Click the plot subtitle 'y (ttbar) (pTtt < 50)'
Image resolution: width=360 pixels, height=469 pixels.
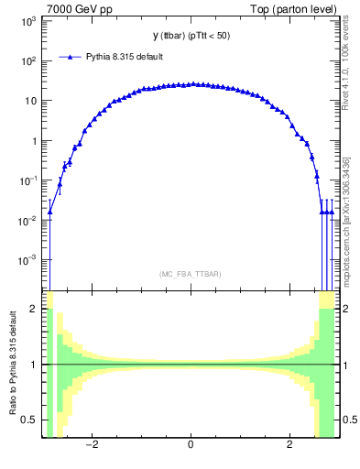tap(190, 36)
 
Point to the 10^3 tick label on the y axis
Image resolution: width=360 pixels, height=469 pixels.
tap(29, 21)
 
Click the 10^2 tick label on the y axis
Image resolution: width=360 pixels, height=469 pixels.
tap(29, 61)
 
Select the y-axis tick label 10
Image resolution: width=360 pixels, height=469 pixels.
tap(32, 101)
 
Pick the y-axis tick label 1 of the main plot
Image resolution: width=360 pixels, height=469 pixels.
tap(36, 141)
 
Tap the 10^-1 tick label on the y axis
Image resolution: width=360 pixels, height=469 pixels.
tap(28, 181)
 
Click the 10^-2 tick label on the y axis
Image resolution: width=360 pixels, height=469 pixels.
tap(28, 221)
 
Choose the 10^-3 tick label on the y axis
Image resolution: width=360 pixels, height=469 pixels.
tap(28, 261)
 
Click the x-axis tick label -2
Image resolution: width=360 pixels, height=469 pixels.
tap(92, 446)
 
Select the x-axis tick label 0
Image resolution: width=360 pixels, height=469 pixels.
tap(190, 446)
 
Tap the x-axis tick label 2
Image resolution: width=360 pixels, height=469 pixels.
tap(289, 446)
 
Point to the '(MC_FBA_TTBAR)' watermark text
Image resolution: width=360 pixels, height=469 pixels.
tap(190, 274)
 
